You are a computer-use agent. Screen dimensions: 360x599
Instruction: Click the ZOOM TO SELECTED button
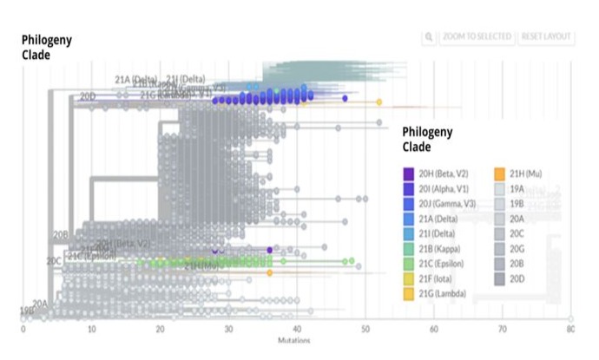(477, 37)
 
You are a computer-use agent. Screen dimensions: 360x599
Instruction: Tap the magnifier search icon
(429, 37)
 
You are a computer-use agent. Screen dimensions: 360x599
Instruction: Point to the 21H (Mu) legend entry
(525, 173)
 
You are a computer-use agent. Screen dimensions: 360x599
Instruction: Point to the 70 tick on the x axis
(503, 330)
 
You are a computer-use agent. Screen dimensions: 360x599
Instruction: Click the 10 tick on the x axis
(91, 330)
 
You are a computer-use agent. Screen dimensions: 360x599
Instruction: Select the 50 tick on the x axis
(365, 330)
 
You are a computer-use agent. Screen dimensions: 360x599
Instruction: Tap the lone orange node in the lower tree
(270, 272)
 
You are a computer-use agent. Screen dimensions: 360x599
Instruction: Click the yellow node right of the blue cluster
(379, 102)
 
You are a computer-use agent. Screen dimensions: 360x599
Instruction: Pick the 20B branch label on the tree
(60, 234)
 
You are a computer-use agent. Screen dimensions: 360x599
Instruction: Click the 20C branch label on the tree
(54, 259)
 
